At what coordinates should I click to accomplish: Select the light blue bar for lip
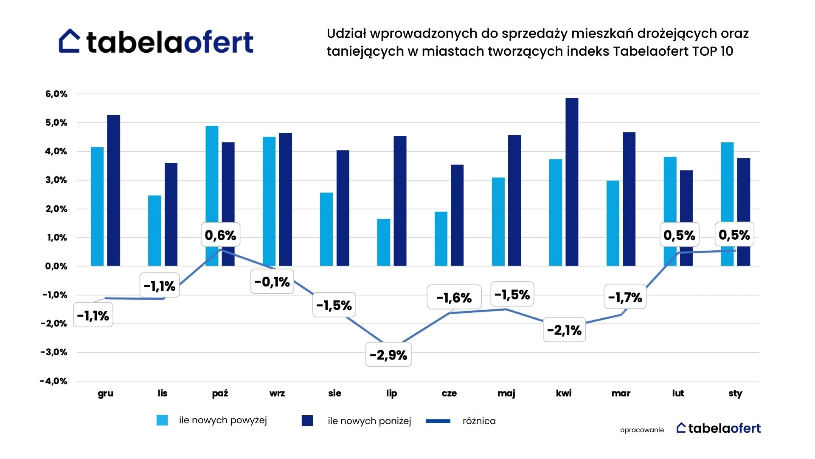coord(384,242)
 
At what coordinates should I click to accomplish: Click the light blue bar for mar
coord(613,223)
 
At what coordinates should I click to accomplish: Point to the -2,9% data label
coord(388,355)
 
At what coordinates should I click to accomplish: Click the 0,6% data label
coord(220,235)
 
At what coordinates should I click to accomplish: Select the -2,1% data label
coord(564,330)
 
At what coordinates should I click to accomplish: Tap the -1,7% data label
coord(625,297)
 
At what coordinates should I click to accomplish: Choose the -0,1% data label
coord(272,281)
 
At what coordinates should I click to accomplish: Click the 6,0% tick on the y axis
coord(56,94)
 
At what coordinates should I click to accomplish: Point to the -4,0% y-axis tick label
coord(54,381)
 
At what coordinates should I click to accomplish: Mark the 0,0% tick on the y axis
coord(56,266)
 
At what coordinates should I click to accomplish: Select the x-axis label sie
coord(334,393)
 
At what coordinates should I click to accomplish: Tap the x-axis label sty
coord(735,393)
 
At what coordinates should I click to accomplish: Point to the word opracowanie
coord(642,430)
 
